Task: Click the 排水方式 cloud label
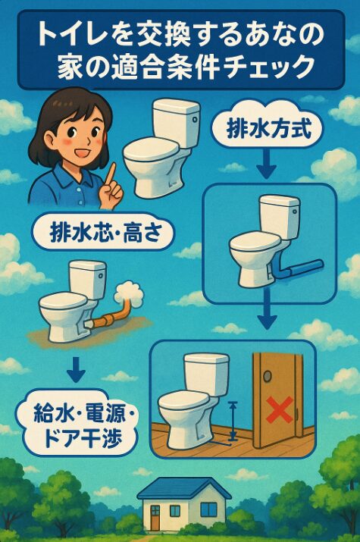[268, 129]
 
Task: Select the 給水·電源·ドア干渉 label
[81, 425]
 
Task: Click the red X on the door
[279, 410]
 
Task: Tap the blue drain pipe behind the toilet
[300, 269]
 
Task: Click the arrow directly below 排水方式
[266, 166]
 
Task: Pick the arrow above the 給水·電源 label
[76, 370]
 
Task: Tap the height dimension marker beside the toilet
[233, 421]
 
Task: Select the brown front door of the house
[155, 519]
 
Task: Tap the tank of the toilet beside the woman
[177, 122]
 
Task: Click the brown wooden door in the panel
[278, 399]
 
